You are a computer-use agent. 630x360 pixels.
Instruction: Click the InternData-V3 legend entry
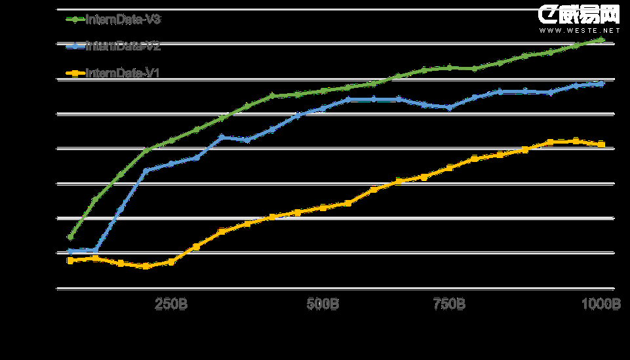tap(113, 20)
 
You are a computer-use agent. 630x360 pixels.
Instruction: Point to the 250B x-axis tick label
tap(171, 305)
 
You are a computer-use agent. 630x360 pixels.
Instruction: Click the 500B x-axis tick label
tap(323, 305)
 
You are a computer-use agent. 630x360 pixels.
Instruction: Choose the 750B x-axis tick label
tap(449, 305)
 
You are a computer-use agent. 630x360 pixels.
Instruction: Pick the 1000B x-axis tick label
tap(601, 305)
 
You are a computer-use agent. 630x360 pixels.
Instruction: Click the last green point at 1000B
tap(602, 40)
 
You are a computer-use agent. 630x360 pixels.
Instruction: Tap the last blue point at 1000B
tap(601, 84)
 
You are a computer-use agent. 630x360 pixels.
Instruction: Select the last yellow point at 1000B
tap(601, 144)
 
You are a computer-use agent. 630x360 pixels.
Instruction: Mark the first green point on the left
tap(70, 237)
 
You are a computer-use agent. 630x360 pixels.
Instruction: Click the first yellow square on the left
tap(70, 260)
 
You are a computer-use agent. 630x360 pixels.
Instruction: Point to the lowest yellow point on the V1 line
tap(146, 266)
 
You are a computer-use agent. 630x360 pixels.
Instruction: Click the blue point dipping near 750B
tap(449, 108)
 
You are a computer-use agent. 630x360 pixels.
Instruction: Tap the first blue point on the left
tap(70, 251)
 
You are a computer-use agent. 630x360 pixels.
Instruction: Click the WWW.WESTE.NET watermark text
tap(579, 30)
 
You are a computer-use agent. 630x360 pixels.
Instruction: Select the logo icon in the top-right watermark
tap(548, 14)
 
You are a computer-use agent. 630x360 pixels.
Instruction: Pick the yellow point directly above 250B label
tap(171, 262)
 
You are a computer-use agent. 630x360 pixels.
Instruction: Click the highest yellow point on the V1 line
tap(576, 141)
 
